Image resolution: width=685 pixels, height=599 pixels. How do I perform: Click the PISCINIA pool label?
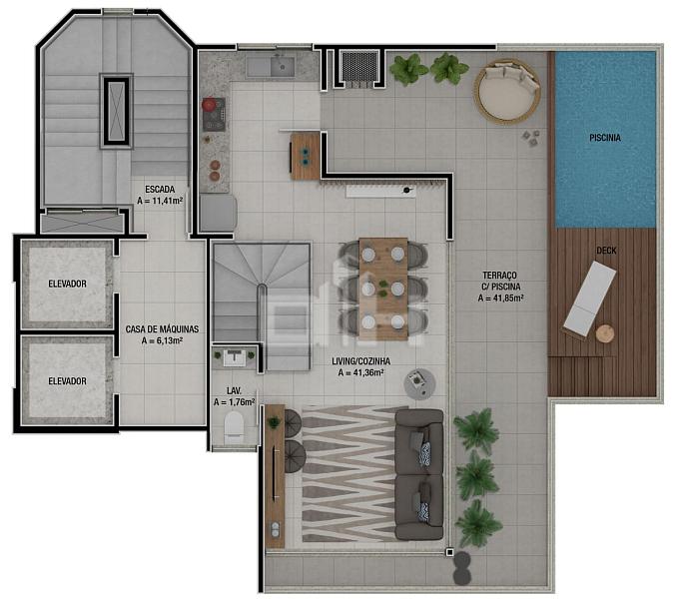605,138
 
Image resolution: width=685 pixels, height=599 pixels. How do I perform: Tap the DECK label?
606,251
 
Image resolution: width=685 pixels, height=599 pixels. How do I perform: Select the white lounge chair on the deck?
590,298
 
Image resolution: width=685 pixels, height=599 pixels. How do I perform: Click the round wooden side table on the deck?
605,333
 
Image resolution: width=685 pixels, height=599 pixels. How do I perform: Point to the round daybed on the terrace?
507,92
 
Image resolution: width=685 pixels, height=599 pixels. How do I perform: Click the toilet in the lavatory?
234,425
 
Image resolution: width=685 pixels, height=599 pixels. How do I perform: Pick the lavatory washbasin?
234,357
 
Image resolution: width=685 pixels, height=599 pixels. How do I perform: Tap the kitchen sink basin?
282,67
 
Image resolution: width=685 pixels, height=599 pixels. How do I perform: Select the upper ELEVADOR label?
67,284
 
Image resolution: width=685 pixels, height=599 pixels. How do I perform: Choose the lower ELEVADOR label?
67,381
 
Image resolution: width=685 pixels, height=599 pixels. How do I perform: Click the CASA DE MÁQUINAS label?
162,329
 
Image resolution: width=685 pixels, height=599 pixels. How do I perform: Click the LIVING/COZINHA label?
361,361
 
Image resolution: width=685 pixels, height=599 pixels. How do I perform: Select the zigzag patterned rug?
348,474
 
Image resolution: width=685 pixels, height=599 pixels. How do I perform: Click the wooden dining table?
383,289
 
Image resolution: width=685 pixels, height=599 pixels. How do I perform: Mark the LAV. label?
234,391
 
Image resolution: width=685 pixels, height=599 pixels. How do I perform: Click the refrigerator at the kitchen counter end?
218,213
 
